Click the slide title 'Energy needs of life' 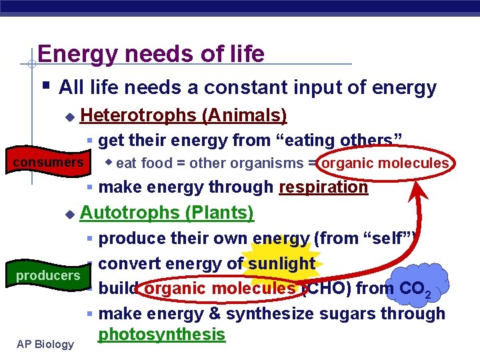tap(151, 53)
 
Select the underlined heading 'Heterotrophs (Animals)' tap(183, 115)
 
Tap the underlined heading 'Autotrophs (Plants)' tap(167, 213)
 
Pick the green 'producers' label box tap(47, 275)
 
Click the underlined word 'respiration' tap(323, 187)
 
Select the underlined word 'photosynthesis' tap(161, 334)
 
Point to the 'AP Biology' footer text tap(46, 344)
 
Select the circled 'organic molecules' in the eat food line tap(385, 163)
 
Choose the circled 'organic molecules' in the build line tap(219, 289)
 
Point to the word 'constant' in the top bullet tap(237, 87)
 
